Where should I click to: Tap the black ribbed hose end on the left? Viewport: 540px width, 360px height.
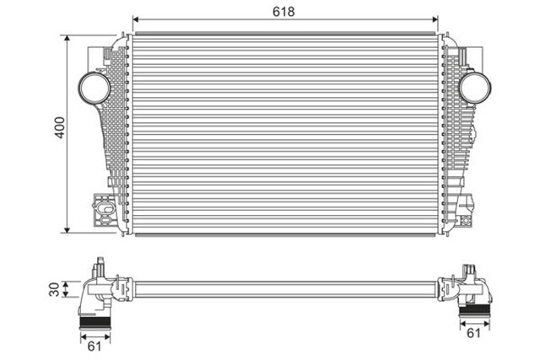coord(95,324)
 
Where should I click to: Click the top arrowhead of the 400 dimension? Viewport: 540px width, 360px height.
coord(68,38)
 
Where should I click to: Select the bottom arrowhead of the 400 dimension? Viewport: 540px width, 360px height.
coord(68,230)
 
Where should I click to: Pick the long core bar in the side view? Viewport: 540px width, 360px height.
coord(287,288)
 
